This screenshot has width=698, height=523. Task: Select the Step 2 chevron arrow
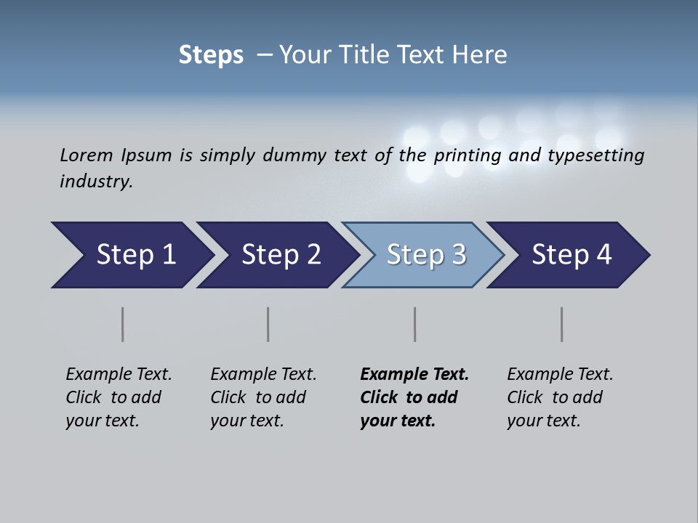click(280, 255)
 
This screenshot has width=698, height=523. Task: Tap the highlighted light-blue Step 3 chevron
click(425, 255)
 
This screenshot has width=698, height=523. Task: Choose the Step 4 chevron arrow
click(571, 255)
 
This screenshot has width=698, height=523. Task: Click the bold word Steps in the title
click(211, 55)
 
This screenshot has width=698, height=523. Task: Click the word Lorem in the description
click(86, 155)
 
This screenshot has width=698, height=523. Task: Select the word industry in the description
click(95, 182)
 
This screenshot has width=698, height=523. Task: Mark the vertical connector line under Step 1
click(123, 324)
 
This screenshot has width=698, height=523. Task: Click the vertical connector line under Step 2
click(268, 324)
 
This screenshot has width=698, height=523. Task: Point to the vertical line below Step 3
click(415, 324)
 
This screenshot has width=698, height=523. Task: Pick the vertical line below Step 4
click(562, 324)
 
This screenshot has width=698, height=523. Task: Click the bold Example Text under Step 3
click(414, 375)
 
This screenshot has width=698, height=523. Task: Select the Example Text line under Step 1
click(119, 375)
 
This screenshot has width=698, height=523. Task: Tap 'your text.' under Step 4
click(543, 421)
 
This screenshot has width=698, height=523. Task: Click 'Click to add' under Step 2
click(258, 398)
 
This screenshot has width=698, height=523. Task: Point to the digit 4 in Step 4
click(603, 255)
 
